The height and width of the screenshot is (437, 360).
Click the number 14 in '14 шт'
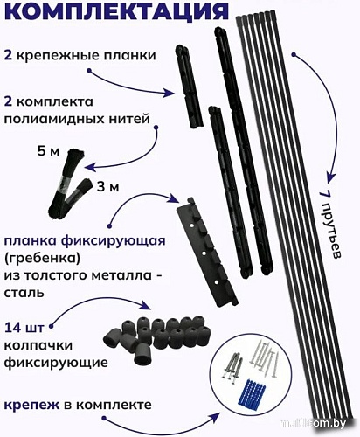point(13,328)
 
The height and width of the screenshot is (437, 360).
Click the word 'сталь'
point(21,295)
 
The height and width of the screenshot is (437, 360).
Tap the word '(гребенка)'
point(40,260)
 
